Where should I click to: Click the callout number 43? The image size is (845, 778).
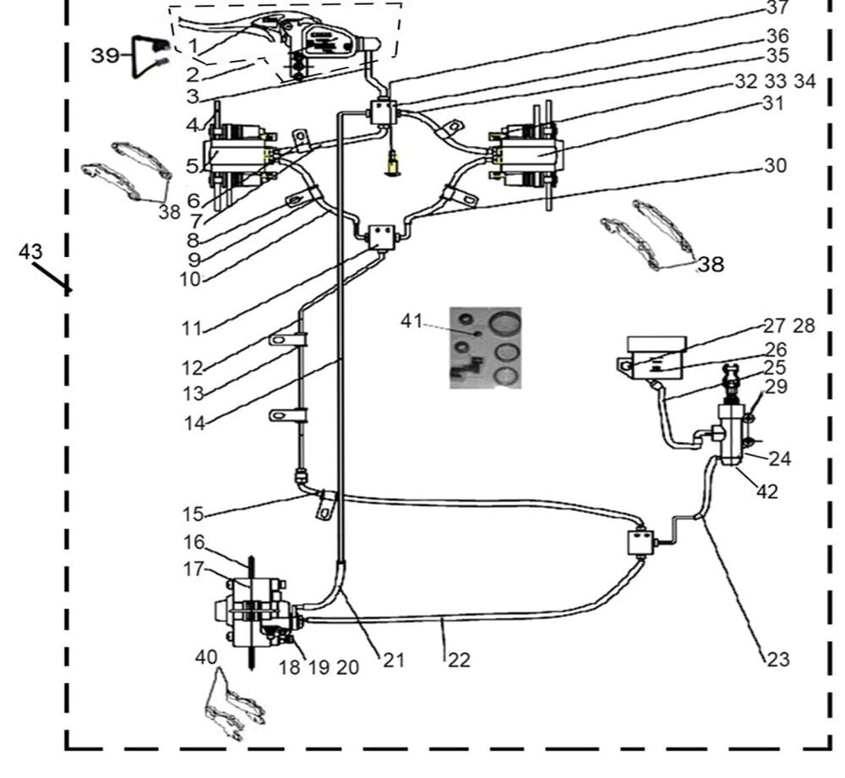click(x=30, y=252)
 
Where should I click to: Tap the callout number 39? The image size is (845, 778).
click(x=106, y=56)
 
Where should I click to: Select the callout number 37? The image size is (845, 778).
click(x=777, y=8)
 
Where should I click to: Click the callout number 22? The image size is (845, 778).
click(x=458, y=660)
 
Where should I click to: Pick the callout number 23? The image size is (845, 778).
click(x=777, y=658)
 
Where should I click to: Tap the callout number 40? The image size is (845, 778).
click(x=206, y=656)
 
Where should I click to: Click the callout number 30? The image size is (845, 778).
click(x=775, y=166)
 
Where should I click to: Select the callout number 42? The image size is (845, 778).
click(x=766, y=491)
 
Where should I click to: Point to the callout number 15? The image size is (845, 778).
click(x=193, y=513)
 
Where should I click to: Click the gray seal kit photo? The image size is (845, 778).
click(x=485, y=348)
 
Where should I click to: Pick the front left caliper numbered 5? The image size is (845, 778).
click(x=240, y=156)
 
